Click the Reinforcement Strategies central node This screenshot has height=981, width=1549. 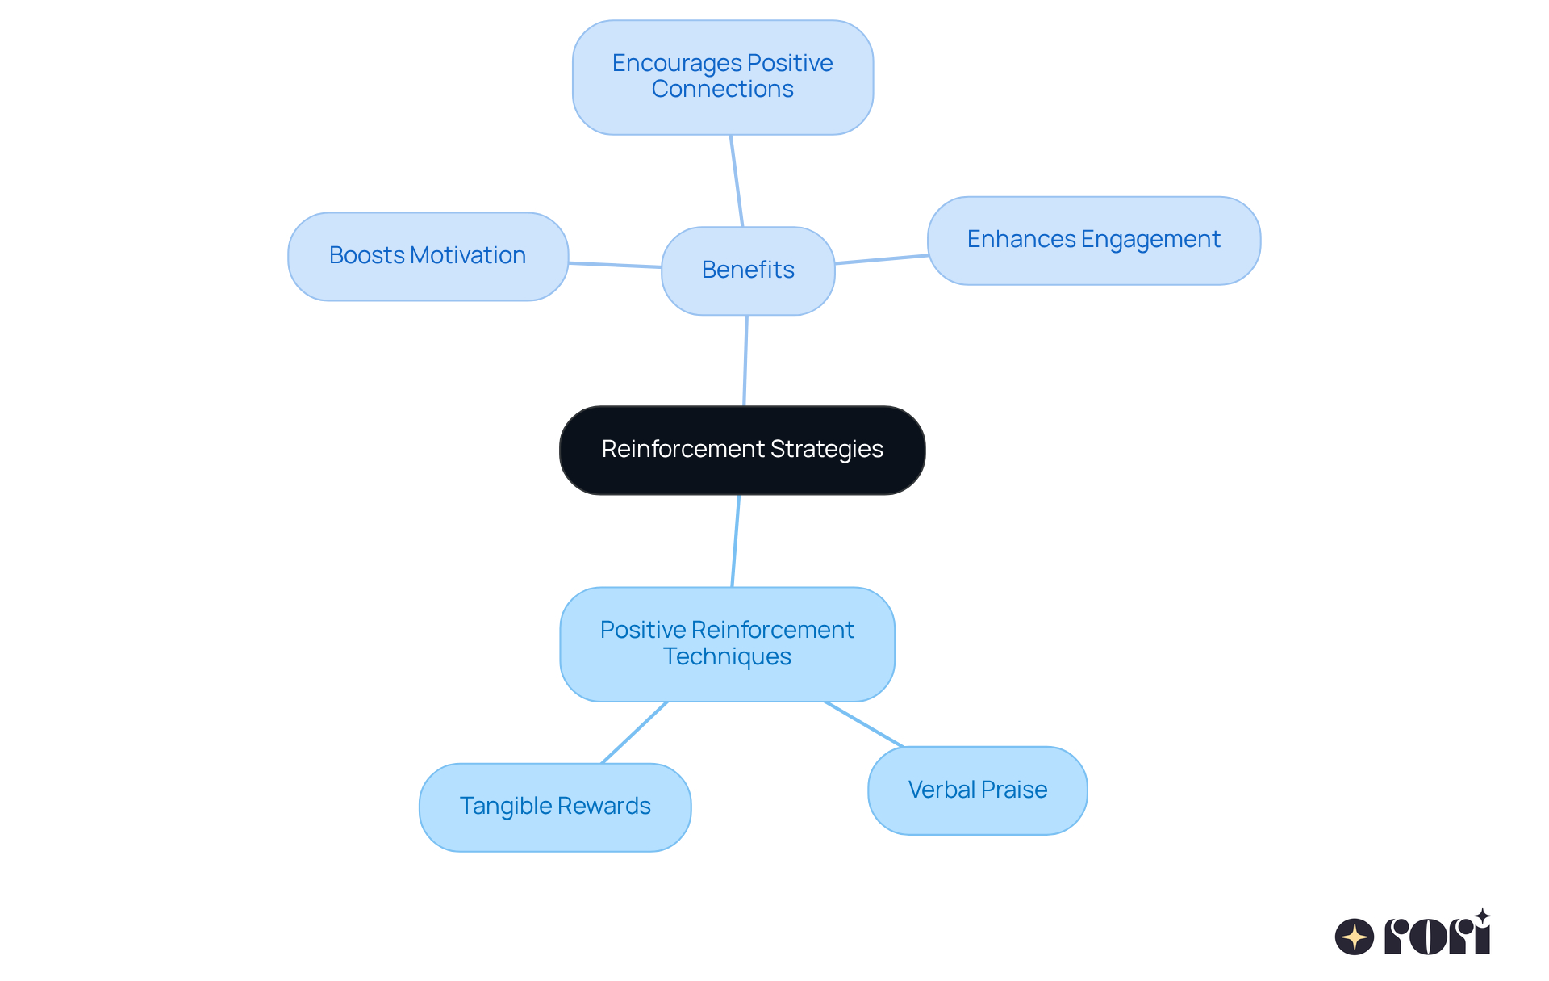(x=742, y=450)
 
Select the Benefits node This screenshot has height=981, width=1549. (x=748, y=270)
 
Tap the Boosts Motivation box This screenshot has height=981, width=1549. (x=428, y=256)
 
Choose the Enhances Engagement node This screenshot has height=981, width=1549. (x=1093, y=240)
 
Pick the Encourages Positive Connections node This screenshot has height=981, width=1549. (x=722, y=77)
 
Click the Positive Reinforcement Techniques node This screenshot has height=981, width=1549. (x=727, y=644)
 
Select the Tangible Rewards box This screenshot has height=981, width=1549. (x=555, y=807)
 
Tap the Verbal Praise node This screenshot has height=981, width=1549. (x=977, y=790)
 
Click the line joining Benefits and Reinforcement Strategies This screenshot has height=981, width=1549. (x=745, y=360)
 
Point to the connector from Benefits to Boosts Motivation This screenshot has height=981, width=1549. (x=615, y=265)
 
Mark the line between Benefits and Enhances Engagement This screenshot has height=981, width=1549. (x=881, y=259)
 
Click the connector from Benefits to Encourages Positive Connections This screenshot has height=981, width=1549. (x=737, y=181)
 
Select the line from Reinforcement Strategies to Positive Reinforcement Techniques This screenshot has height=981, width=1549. (x=736, y=541)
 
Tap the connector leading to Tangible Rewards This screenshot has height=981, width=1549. (x=635, y=732)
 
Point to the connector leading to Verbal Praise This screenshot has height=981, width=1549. (x=864, y=724)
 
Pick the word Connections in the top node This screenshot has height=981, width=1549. (x=722, y=90)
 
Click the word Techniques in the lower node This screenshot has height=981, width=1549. (x=727, y=657)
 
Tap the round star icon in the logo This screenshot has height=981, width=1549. (x=1354, y=937)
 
